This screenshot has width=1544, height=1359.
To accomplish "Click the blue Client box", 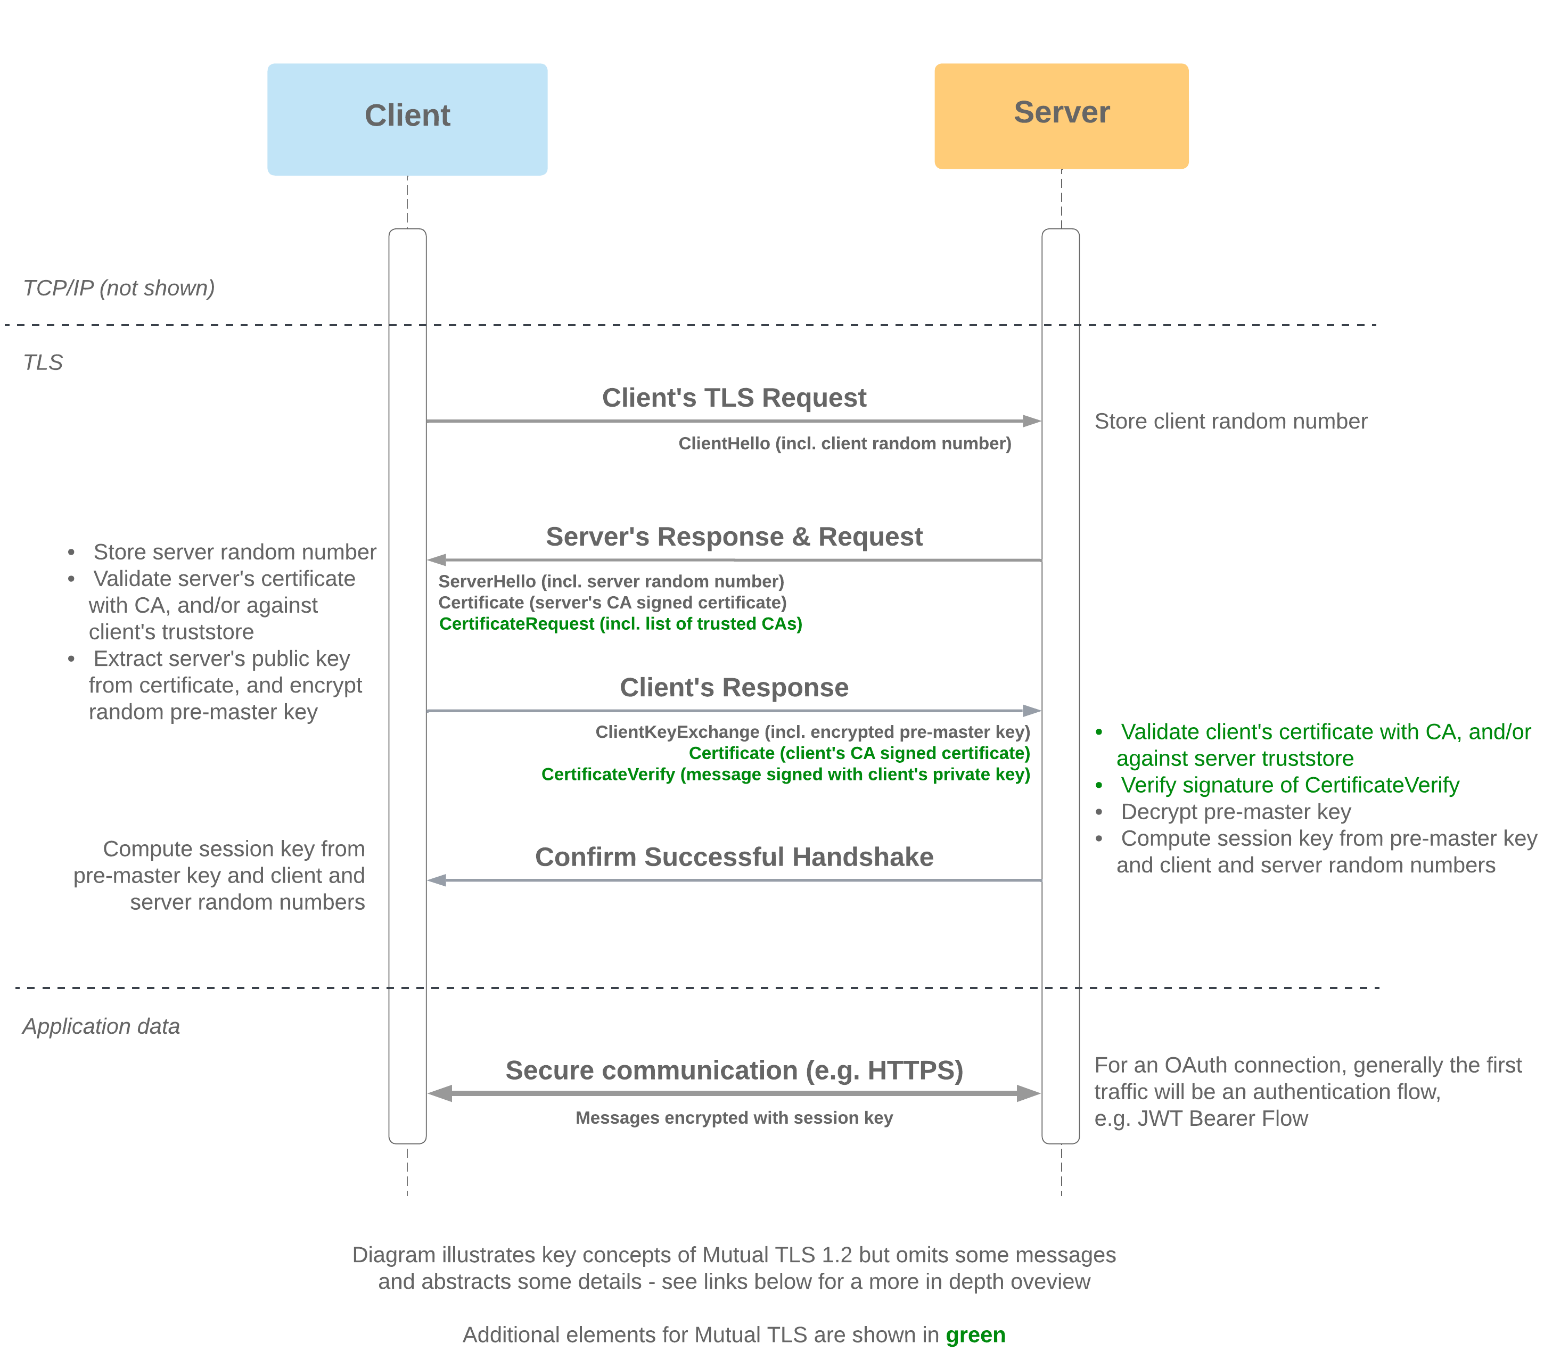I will click(x=407, y=119).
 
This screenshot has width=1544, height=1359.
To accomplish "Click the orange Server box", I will click(x=1061, y=115).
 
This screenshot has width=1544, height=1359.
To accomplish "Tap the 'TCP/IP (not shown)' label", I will click(x=119, y=288).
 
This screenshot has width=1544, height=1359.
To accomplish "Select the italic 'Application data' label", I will click(x=101, y=1026).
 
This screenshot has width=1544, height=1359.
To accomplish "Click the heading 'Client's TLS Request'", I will click(x=734, y=397).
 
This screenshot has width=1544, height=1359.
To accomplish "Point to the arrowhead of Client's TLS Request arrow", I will click(x=1032, y=421).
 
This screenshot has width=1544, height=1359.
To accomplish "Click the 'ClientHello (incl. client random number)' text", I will click(x=844, y=443).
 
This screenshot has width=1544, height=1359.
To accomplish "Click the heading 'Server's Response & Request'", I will click(x=734, y=537).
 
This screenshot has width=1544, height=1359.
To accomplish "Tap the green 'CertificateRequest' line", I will click(x=620, y=624).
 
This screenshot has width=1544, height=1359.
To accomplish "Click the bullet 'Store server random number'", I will click(x=234, y=552).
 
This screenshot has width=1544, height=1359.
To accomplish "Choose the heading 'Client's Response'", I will click(x=734, y=687).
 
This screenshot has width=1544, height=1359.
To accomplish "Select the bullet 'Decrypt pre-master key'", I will click(x=1235, y=812).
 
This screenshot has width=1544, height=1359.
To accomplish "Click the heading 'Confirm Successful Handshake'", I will click(x=734, y=856).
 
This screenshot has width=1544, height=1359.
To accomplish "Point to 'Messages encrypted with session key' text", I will click(x=734, y=1117).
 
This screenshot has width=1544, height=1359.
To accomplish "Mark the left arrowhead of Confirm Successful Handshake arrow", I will click(x=437, y=880).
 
